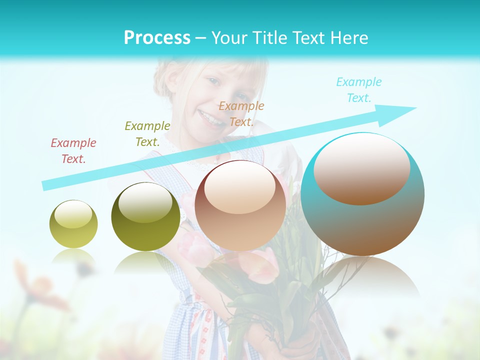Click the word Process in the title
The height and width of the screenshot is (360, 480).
pyautogui.click(x=157, y=38)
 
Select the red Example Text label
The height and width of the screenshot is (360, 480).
pyautogui.click(x=73, y=151)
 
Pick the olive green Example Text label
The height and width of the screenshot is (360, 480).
pyautogui.click(x=147, y=134)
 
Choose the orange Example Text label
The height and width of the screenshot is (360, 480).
pyautogui.click(x=241, y=113)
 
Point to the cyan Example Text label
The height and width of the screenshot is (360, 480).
pyautogui.click(x=359, y=90)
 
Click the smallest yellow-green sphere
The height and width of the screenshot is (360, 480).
pyautogui.click(x=73, y=224)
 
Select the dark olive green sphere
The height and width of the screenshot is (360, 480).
pyautogui.click(x=145, y=216)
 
